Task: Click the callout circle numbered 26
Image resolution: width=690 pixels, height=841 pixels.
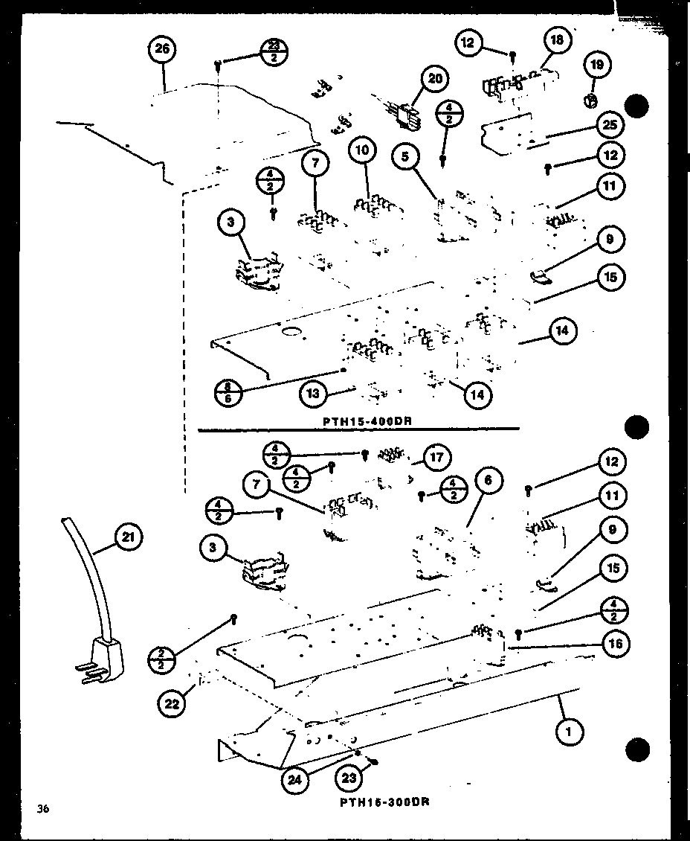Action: (163, 50)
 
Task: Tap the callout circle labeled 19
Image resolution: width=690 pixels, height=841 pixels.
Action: (596, 65)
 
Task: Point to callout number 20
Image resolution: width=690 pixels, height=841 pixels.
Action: (435, 80)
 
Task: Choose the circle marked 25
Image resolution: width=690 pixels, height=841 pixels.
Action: (610, 125)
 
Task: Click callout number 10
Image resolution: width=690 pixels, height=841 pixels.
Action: (362, 151)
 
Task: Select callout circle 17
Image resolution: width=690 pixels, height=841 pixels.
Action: (438, 457)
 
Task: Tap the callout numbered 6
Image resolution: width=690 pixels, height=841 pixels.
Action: (487, 482)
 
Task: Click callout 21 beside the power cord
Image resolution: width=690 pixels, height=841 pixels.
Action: (128, 537)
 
